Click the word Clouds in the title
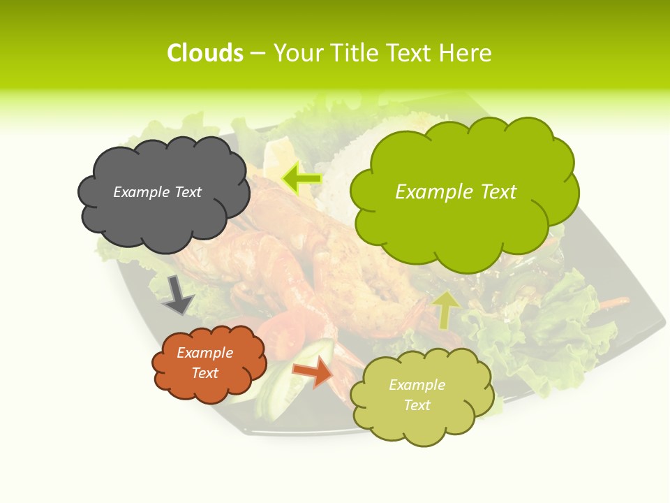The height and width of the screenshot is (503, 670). (x=205, y=53)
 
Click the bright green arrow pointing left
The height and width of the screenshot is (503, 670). (x=301, y=179)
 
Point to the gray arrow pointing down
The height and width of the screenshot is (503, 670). (x=177, y=294)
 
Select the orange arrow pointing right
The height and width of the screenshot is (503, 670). (x=313, y=371)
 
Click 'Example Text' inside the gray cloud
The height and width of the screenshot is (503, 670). (x=157, y=192)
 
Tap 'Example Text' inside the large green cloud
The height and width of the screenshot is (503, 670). (x=456, y=192)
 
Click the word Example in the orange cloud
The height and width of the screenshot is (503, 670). (x=205, y=353)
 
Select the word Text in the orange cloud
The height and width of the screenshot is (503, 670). (x=205, y=373)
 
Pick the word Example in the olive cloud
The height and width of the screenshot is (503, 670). (x=417, y=385)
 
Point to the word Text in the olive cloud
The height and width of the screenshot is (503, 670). (x=417, y=405)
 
